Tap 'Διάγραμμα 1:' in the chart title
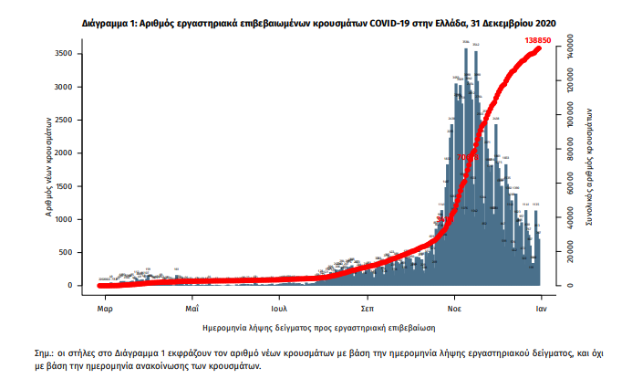click(x=109, y=20)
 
